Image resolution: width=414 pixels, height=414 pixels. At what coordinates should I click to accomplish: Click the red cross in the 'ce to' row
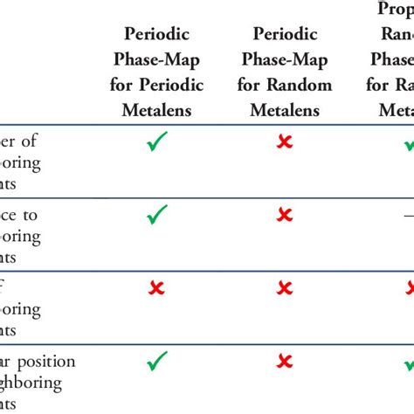285,214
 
